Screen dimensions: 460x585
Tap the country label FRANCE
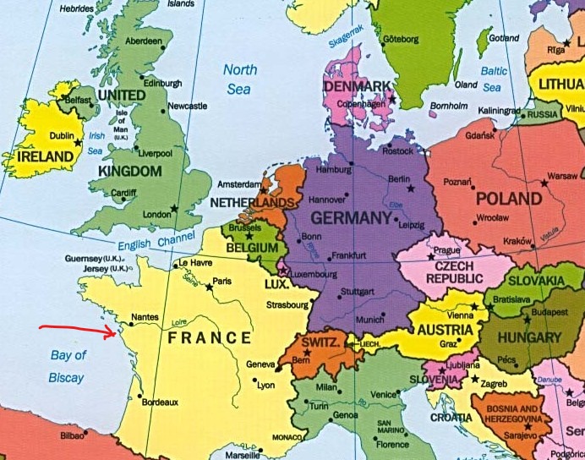(210, 338)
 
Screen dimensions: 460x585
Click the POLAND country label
(508, 199)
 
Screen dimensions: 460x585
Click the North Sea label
(240, 79)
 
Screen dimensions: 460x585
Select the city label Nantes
(145, 317)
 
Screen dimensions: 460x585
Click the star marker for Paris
(209, 287)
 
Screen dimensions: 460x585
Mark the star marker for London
(174, 208)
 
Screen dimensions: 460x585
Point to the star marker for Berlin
(411, 188)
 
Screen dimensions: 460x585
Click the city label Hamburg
(332, 170)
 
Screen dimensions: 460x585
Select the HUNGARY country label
(529, 337)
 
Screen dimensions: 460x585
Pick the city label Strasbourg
(286, 304)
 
